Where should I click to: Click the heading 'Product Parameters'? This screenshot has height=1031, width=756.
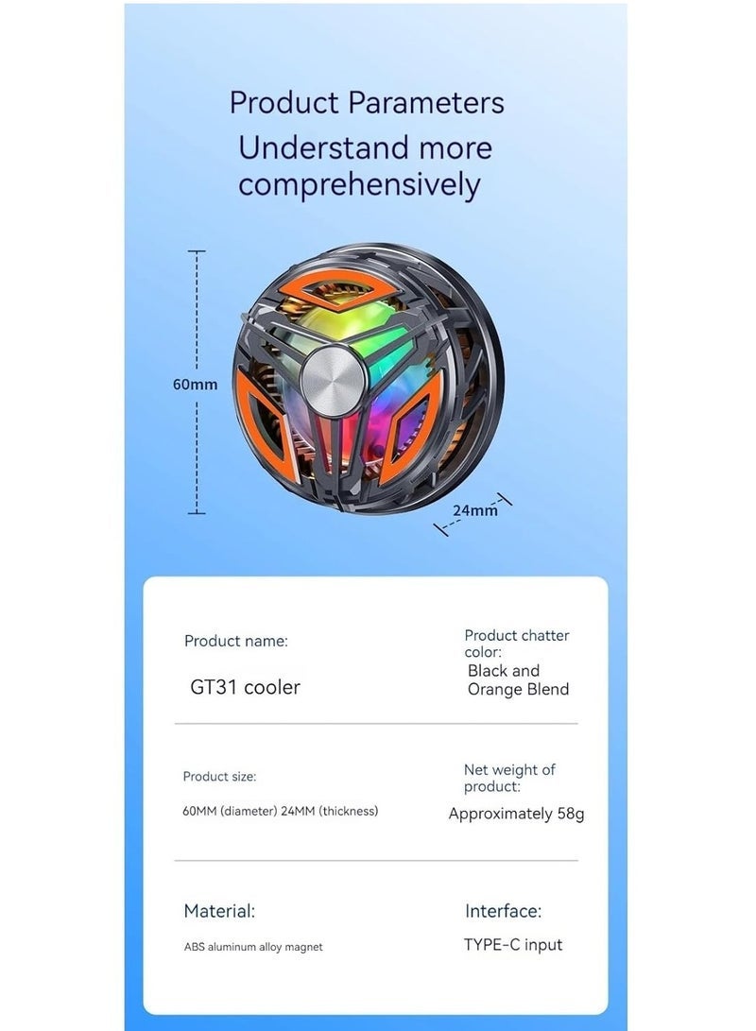(367, 103)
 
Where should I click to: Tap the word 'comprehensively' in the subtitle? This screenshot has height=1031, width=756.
(359, 185)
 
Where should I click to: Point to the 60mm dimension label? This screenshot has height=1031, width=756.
(196, 385)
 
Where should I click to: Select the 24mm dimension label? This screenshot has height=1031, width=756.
(475, 510)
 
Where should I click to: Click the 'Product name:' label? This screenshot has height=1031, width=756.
(236, 641)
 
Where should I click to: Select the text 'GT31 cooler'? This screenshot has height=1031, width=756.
(245, 687)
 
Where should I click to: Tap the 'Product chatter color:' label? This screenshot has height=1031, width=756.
(517, 644)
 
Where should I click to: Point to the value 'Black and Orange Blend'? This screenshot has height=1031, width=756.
(518, 679)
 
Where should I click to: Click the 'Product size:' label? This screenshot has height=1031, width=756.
(219, 777)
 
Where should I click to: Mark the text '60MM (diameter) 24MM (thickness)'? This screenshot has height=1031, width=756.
(280, 812)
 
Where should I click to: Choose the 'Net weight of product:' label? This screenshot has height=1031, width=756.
(509, 778)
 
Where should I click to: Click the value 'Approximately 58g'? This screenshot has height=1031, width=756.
(516, 814)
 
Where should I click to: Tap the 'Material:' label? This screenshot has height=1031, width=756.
(219, 911)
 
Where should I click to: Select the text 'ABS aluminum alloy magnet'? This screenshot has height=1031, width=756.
(253, 947)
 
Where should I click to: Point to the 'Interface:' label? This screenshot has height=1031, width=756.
(503, 911)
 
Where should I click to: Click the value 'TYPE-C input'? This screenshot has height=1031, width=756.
(513, 945)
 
